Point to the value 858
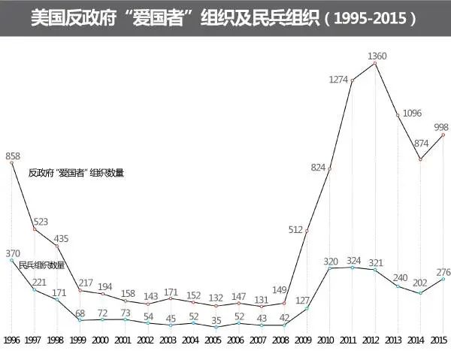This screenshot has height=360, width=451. coord(13,156)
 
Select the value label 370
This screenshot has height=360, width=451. coord(13,253)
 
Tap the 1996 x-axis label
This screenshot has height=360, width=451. coord(12,340)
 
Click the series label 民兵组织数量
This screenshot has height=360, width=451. coord(42,265)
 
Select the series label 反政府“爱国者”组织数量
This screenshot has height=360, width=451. coord(76,173)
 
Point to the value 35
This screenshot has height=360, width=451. coord(216,319)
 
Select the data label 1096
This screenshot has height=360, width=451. coord(412,113)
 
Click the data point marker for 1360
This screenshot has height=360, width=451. coord(374,63)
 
